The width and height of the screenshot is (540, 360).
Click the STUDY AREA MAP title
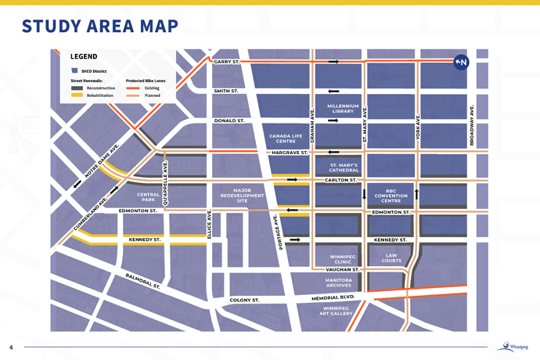100,26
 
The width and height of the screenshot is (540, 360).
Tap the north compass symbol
461,62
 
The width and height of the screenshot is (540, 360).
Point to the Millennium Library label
343,109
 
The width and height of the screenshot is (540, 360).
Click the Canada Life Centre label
285,139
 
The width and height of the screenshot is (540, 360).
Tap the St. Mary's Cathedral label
344,167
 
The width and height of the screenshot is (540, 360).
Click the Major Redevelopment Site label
242,196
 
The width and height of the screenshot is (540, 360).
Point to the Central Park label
148,197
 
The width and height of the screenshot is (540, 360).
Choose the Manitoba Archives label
338,283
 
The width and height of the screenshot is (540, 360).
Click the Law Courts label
391,257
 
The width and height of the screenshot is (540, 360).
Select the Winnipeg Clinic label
342,259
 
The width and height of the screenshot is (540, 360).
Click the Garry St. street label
226,61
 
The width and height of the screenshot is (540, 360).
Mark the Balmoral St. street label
142,281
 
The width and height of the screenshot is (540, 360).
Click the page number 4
11,347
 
